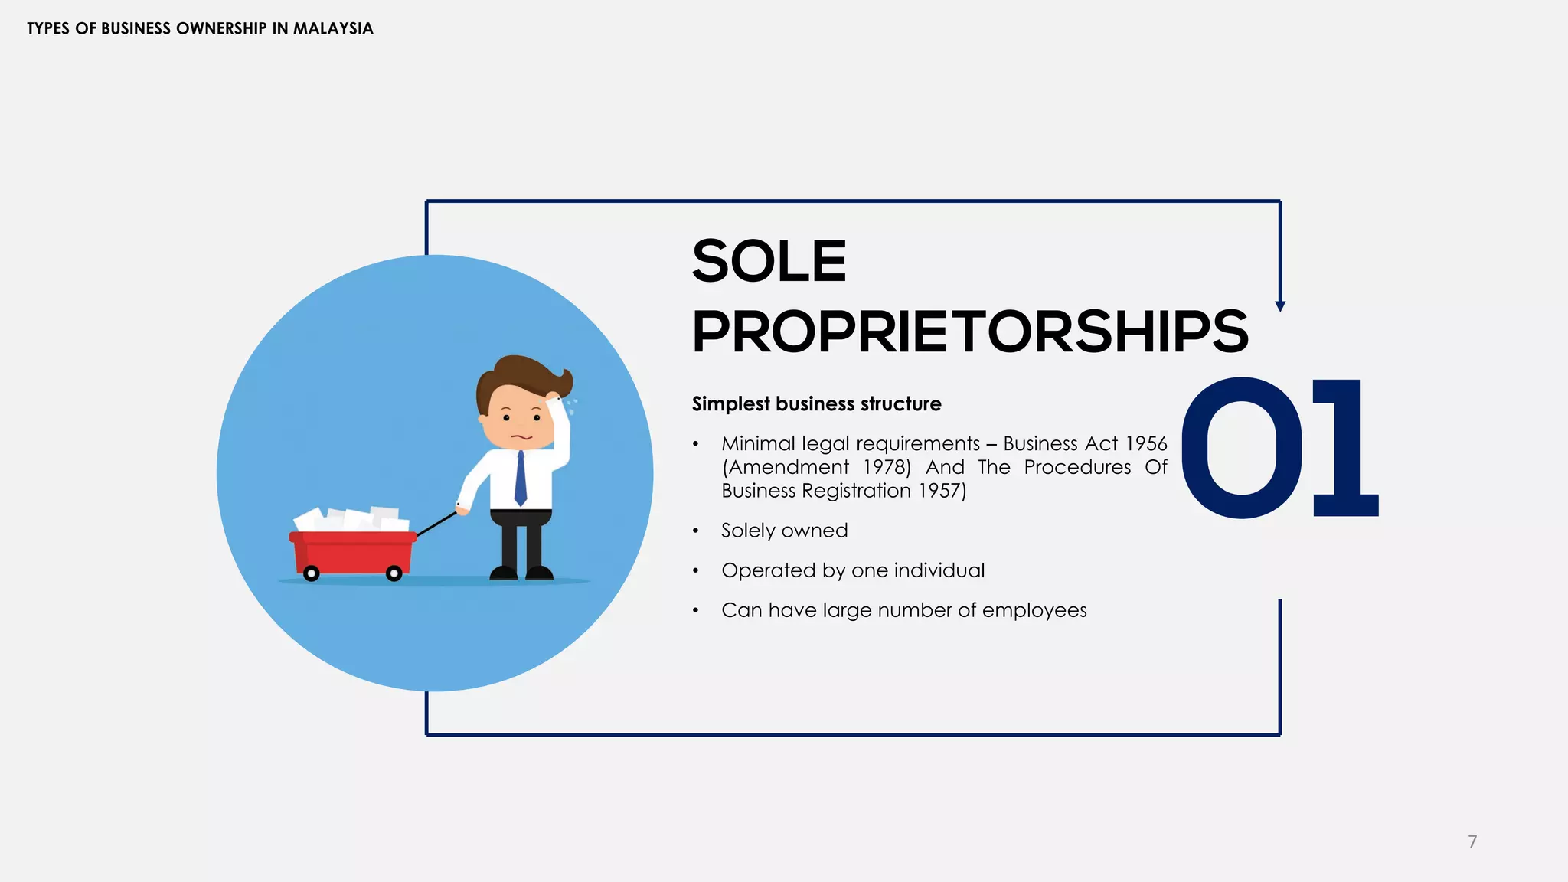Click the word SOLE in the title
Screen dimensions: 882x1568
coord(769,261)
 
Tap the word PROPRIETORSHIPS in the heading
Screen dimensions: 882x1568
coord(969,332)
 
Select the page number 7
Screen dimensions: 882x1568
coord(1472,841)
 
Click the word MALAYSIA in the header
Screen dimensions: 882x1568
coord(333,29)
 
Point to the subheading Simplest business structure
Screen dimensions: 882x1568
coord(816,404)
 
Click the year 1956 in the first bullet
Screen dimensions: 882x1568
coord(1146,444)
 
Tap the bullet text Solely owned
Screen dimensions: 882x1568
coord(784,531)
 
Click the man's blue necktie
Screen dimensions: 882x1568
coord(521,478)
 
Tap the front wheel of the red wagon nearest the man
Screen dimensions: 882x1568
coord(394,573)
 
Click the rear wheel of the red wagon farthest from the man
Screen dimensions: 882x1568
coord(311,573)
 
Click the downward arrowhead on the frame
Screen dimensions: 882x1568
coord(1280,306)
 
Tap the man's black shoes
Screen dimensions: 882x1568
coord(521,573)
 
